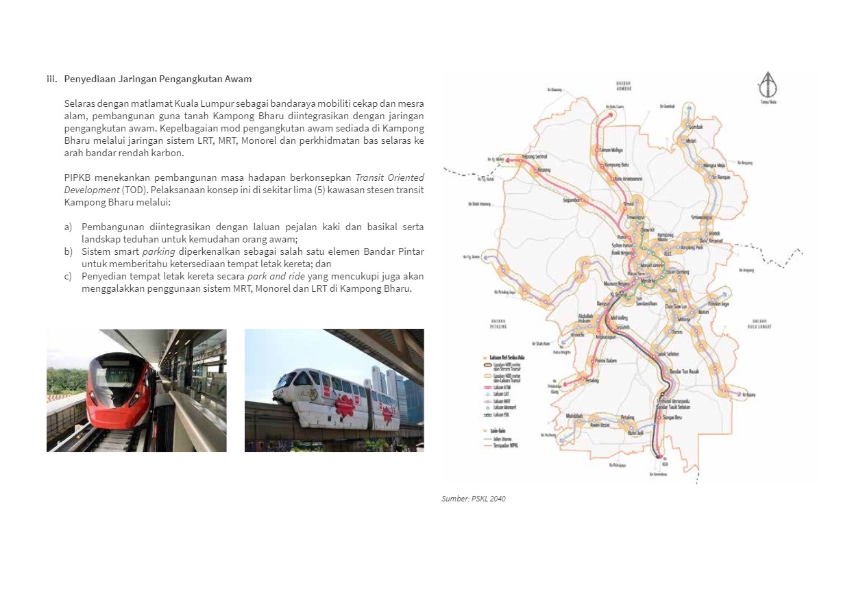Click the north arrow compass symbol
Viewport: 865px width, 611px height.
(x=767, y=85)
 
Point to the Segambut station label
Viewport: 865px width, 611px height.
(x=572, y=201)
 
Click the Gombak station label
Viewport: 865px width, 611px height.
(x=696, y=127)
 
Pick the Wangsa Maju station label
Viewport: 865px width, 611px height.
(x=716, y=165)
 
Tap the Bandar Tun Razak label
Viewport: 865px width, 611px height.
(x=683, y=371)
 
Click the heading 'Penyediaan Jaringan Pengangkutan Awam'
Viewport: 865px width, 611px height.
(x=158, y=79)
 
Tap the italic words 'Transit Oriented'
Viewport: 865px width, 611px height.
(x=389, y=177)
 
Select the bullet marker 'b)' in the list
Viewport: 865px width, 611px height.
(x=69, y=251)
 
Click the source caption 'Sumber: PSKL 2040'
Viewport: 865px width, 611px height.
(x=474, y=499)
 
